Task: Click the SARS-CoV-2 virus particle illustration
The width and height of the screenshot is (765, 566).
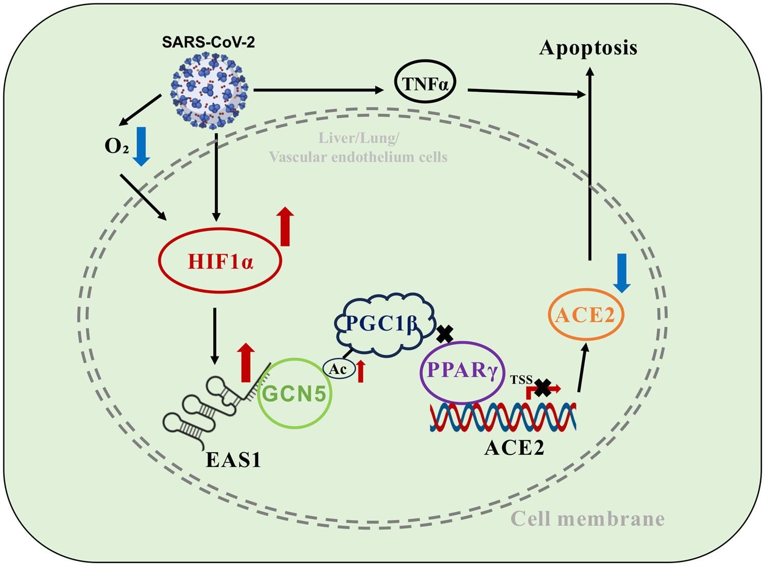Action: click(209, 91)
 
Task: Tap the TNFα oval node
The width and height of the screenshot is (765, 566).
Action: click(425, 82)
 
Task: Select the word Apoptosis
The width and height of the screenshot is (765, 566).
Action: click(589, 48)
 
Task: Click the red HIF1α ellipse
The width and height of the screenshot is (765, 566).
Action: click(220, 262)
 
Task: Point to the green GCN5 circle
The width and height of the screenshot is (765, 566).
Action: click(294, 393)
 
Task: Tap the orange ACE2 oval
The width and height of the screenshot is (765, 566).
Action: click(586, 315)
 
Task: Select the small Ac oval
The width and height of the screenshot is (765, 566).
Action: click(338, 369)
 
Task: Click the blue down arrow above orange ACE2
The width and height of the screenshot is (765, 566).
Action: click(622, 273)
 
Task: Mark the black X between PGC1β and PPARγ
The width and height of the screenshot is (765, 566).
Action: click(445, 334)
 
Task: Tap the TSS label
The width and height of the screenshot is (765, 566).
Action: click(521, 380)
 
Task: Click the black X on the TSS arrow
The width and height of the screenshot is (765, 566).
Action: click(543, 389)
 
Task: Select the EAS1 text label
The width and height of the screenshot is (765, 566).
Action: click(233, 460)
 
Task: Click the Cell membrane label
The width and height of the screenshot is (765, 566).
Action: click(587, 519)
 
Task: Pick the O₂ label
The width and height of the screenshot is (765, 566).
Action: click(116, 146)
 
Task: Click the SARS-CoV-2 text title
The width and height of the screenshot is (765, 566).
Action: click(209, 42)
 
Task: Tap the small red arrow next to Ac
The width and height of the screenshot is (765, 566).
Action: click(361, 371)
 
